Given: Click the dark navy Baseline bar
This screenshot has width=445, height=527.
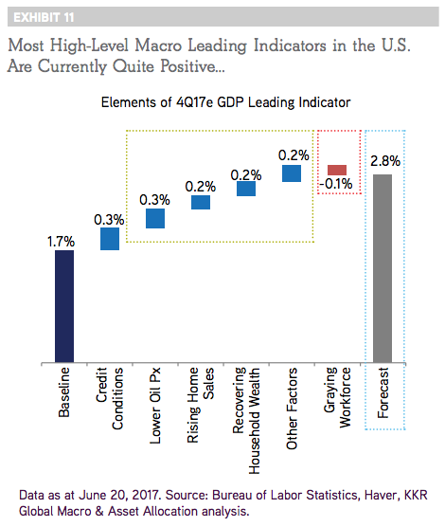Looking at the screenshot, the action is pyautogui.click(x=64, y=306).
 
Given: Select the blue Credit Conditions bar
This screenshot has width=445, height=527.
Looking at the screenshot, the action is pyautogui.click(x=110, y=239).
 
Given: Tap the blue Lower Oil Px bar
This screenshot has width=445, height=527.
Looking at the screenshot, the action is pyautogui.click(x=155, y=218).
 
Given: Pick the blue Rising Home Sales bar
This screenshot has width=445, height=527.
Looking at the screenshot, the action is pyautogui.click(x=201, y=202).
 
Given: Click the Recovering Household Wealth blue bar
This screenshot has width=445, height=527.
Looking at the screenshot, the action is pyautogui.click(x=246, y=189).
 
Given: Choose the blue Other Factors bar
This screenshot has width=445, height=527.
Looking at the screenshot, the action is pyautogui.click(x=292, y=173).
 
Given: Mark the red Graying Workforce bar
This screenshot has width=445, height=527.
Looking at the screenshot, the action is pyautogui.click(x=337, y=170).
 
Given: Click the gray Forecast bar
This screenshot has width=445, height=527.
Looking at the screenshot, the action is pyautogui.click(x=383, y=268).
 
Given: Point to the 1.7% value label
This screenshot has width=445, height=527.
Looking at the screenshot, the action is pyautogui.click(x=61, y=242).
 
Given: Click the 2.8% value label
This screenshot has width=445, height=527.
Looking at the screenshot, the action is pyautogui.click(x=385, y=161).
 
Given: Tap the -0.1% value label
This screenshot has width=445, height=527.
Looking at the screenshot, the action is pyautogui.click(x=336, y=184).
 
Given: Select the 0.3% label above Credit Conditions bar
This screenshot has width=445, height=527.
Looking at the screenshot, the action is pyautogui.click(x=109, y=220).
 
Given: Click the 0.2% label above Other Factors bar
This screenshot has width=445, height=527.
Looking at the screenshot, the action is pyautogui.click(x=294, y=155).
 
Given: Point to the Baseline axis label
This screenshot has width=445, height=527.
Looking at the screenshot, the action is pyautogui.click(x=63, y=392).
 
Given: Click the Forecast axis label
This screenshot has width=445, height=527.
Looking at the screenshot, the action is pyautogui.click(x=383, y=392).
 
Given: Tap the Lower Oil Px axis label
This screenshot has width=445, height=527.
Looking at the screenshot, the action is pyautogui.click(x=155, y=406).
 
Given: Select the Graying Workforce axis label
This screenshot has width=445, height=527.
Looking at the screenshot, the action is pyautogui.click(x=337, y=397).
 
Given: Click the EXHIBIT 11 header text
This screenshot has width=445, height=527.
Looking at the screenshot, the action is pyautogui.click(x=44, y=17).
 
